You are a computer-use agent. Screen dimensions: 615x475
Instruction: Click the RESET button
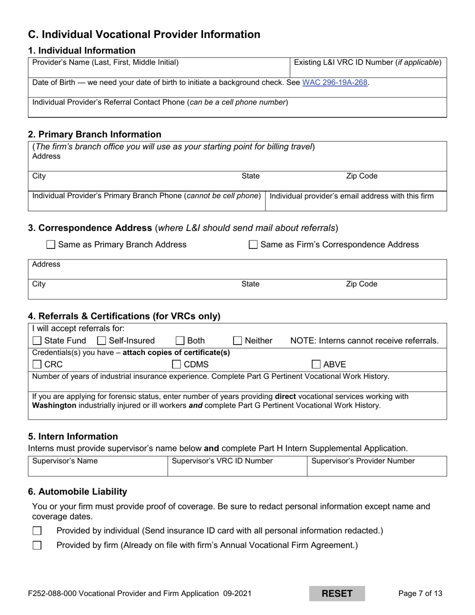(336, 593)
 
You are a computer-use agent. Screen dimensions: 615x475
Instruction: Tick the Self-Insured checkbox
(101, 341)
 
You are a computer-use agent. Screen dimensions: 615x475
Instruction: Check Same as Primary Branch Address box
(50, 245)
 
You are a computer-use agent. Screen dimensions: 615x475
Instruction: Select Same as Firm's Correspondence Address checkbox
(253, 245)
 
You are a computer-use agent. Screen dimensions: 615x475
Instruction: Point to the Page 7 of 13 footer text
(420, 594)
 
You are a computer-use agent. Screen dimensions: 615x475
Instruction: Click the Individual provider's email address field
(355, 204)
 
